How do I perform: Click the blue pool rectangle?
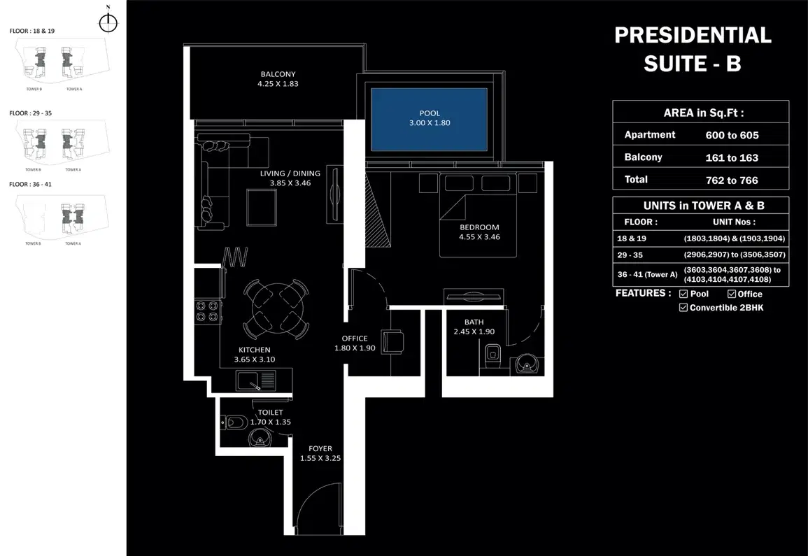[x=428, y=119]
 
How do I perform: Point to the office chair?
[x=392, y=342]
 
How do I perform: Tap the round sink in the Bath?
[x=525, y=363]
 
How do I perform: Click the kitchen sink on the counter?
[x=249, y=381]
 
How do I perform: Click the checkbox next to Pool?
[x=683, y=294]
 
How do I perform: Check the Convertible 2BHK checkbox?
[x=683, y=308]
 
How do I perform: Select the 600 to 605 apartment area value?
[x=732, y=135]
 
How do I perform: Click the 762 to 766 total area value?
[x=732, y=180]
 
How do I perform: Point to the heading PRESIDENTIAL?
[x=693, y=35]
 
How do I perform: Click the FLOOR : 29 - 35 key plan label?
[x=31, y=113]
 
